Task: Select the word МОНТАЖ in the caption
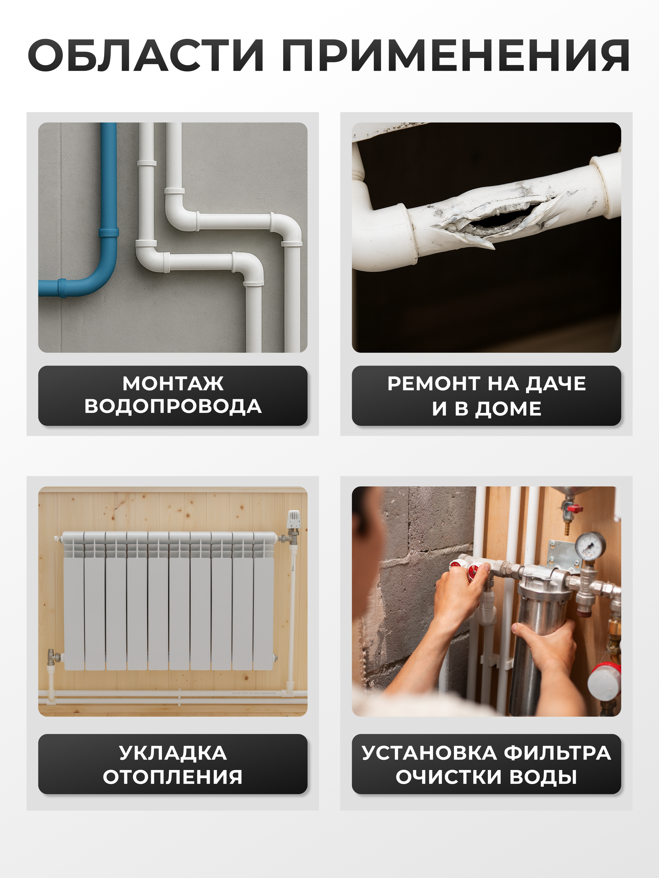(x=173, y=383)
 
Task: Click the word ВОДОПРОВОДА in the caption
(x=173, y=407)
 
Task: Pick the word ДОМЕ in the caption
(x=508, y=409)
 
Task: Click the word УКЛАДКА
(x=173, y=753)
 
